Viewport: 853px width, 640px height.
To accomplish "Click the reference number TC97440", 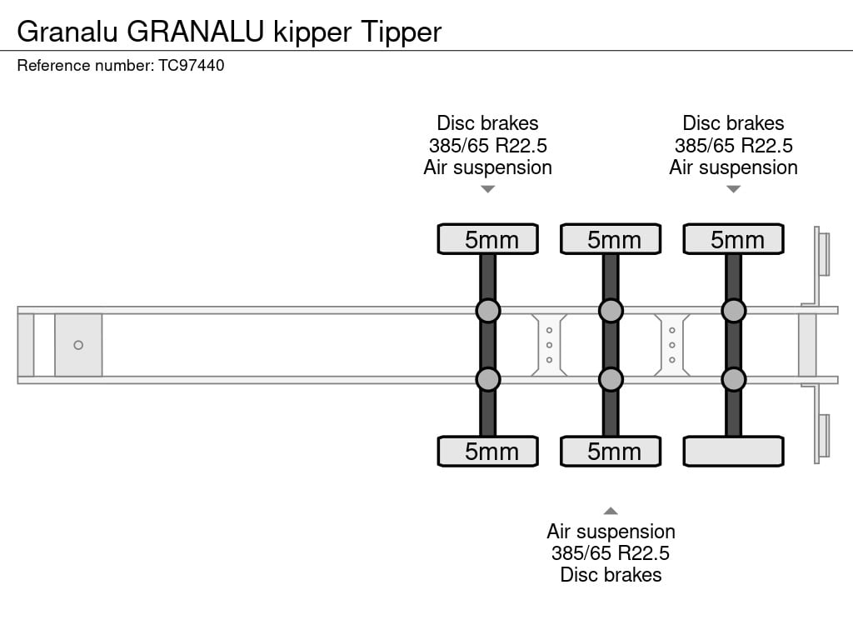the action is click(x=191, y=65).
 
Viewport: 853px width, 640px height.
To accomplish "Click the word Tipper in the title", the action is click(x=401, y=32).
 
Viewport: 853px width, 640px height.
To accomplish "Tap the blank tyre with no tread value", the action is click(x=733, y=451).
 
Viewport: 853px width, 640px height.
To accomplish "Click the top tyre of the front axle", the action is click(x=488, y=239).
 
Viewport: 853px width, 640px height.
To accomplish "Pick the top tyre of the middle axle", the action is click(x=611, y=239).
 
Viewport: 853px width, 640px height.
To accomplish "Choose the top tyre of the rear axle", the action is click(x=733, y=239).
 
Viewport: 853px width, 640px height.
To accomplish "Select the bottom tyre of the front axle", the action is click(x=488, y=451).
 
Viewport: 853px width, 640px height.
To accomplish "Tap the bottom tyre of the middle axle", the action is click(x=611, y=451).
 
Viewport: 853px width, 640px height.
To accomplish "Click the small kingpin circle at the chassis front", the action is click(x=78, y=345).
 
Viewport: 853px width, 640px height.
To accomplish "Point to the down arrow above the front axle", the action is click(x=488, y=189).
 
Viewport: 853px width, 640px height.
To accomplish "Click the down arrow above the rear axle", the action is click(x=733, y=189).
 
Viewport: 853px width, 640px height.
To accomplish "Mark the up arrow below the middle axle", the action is click(x=611, y=511).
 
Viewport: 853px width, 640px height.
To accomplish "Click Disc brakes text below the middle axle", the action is click(x=611, y=575).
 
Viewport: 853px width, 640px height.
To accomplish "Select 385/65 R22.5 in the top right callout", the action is click(x=733, y=146).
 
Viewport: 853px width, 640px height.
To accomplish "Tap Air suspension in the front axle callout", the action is click(x=488, y=167).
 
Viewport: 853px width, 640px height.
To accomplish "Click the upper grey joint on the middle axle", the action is click(x=611, y=311).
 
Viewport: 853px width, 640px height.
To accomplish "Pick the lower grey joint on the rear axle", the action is click(x=733, y=379).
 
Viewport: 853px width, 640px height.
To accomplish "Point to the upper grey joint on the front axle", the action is click(x=488, y=311).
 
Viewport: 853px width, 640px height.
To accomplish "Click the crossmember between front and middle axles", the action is click(x=550, y=345).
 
